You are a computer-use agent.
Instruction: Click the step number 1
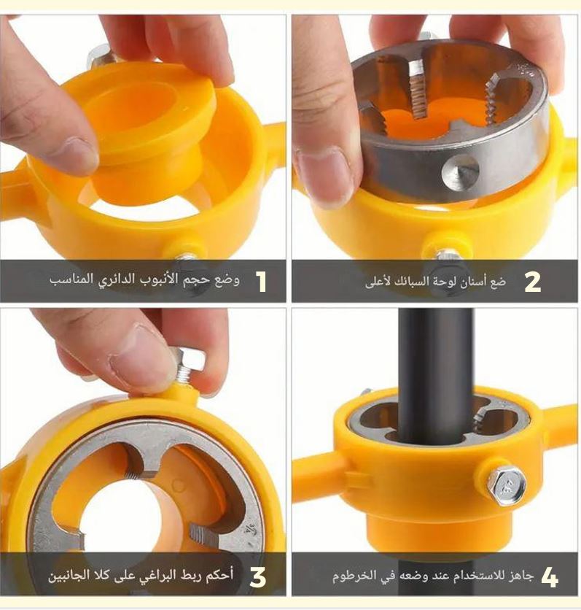coord(261,281)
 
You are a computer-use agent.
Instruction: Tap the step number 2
coord(532,282)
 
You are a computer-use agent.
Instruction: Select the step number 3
coord(257,576)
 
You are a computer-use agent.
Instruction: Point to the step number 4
coord(549,576)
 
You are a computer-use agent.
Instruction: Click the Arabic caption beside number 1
coord(144,279)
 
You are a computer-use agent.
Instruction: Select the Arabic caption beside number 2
coord(436,282)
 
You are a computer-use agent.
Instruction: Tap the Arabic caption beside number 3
coord(141,576)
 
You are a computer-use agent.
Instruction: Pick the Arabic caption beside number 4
coord(433,576)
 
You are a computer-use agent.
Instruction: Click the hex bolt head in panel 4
coord(507,486)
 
